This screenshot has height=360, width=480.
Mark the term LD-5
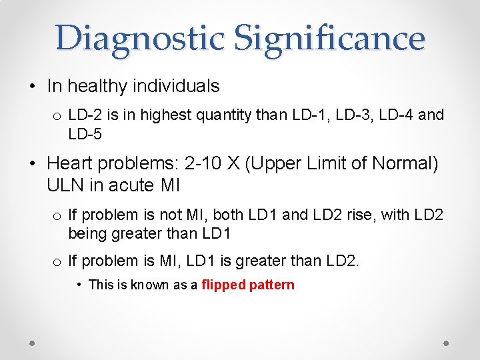85,134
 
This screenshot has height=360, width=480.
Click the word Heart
71,163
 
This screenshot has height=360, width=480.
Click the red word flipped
223,285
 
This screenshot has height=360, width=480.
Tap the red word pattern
271,285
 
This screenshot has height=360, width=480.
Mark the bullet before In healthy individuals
33,87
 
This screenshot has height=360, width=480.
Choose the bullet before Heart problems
33,164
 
